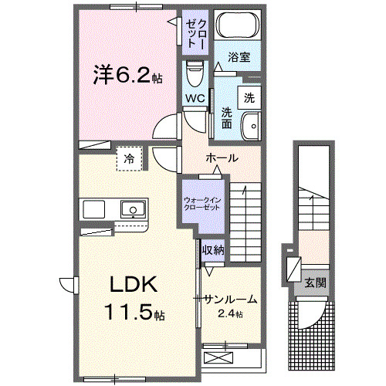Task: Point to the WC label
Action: click(194, 99)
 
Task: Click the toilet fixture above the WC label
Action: click(195, 76)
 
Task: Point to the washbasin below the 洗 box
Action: click(250, 125)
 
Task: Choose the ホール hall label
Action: click(221, 157)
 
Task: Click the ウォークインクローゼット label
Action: click(201, 203)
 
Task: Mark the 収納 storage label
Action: click(213, 249)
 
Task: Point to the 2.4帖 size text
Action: click(229, 313)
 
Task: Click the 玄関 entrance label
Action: click(314, 283)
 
